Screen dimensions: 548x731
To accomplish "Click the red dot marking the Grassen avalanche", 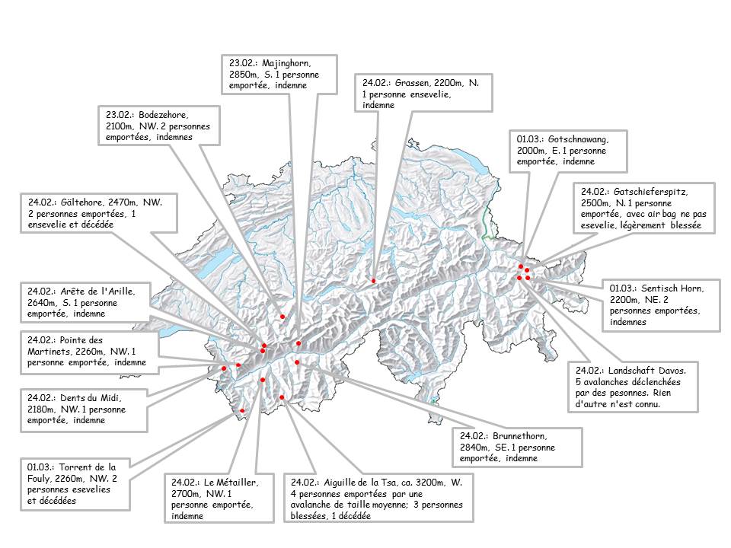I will point(373,281).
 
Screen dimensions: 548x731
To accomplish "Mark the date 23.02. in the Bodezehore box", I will point(117,113).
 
